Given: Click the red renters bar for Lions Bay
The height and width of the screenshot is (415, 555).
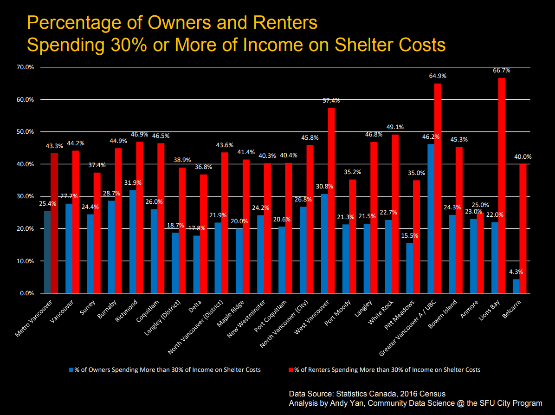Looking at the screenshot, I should coord(502,186).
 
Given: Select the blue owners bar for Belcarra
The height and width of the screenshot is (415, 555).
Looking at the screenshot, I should coord(516,286).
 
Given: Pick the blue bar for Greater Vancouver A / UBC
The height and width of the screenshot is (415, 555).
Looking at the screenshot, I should coord(431,219).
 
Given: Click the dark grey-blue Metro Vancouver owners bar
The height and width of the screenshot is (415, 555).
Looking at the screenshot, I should coord(47,252).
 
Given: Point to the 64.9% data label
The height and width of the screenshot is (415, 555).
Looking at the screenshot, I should coord(437,76).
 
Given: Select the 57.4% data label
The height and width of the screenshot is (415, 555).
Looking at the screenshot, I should coord(331,100).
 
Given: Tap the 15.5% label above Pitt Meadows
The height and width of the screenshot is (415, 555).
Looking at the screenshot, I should coord(409,235).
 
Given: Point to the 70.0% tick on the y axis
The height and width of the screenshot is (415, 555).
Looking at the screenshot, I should coord(25,67).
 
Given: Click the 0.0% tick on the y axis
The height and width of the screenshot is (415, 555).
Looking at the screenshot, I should coord(26,293).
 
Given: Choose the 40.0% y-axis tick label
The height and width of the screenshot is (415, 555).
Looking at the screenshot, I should coord(25,164).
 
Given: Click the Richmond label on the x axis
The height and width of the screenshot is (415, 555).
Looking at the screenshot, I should coord(128,311).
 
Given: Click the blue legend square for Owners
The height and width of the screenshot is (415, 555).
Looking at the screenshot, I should coord(71,370).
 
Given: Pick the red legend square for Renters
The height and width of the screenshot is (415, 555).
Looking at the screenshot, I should coord(291,370).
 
